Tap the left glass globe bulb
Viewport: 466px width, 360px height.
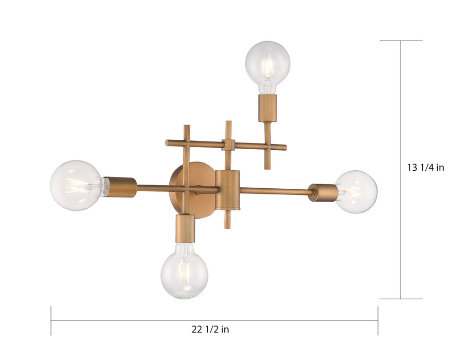[76, 185]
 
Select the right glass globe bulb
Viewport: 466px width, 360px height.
[356, 192]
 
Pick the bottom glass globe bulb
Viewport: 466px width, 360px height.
[184, 271]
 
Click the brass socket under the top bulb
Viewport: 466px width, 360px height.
[267, 108]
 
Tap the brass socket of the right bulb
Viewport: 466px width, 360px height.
[323, 192]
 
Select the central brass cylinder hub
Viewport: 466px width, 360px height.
[227, 189]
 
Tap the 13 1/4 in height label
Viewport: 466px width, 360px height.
[425, 167]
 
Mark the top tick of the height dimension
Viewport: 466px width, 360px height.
[401, 41]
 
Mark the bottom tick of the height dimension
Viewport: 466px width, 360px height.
[401, 299]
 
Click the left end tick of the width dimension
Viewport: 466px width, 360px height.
[51, 321]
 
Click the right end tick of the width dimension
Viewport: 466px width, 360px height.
[378, 321]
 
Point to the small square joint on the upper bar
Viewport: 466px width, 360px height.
[228, 145]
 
